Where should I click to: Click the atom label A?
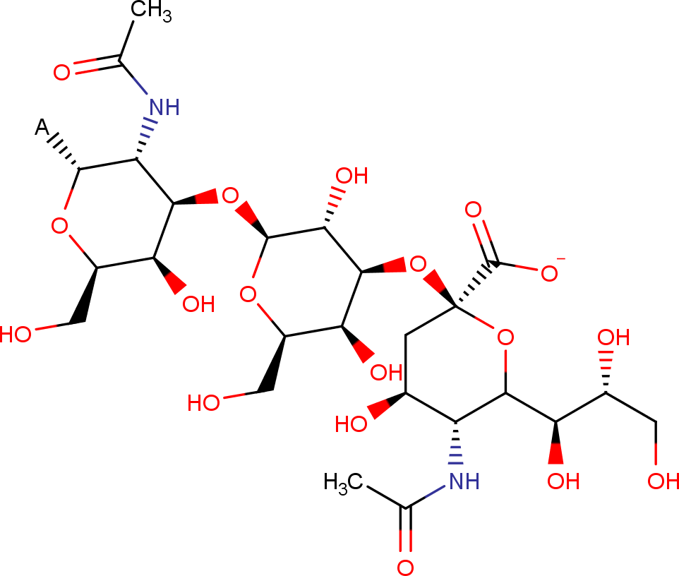[42, 127]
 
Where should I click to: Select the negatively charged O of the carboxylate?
[550, 274]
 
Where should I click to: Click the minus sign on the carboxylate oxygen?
[561, 260]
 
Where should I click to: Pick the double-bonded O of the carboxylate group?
[474, 210]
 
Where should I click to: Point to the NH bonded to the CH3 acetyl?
[164, 107]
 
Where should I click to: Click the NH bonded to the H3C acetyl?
[464, 481]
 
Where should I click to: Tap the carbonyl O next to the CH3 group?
[61, 72]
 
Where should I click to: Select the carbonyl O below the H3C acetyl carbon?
[405, 568]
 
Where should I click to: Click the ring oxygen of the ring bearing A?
[59, 226]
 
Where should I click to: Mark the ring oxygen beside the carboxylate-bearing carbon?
[505, 337]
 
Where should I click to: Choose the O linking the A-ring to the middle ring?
[230, 196]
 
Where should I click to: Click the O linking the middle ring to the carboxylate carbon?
[418, 264]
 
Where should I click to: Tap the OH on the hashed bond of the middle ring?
[352, 176]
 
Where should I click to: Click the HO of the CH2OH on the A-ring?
[16, 335]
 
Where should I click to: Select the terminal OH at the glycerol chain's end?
[663, 481]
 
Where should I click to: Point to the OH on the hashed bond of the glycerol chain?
[613, 337]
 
